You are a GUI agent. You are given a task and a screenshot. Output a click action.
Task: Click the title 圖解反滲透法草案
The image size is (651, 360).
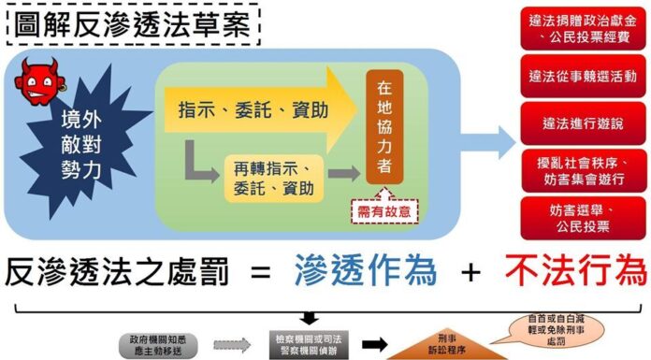[x=130, y=22]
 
